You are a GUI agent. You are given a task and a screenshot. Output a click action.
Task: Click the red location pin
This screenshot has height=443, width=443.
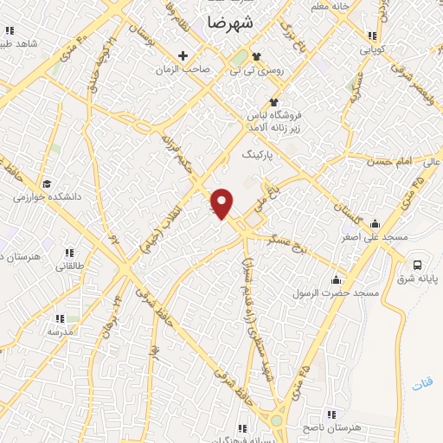pyautogui.click(x=222, y=202)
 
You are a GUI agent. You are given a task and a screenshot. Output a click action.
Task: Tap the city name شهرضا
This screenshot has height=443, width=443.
pyautogui.click(x=233, y=23)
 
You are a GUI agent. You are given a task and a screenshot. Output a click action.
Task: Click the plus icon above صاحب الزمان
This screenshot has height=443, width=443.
pyautogui.click(x=183, y=56)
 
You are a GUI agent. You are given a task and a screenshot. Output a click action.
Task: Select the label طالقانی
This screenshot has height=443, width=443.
pyautogui.click(x=73, y=266)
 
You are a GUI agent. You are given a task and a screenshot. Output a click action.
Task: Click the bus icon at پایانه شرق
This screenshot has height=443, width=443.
pyautogui.click(x=418, y=265)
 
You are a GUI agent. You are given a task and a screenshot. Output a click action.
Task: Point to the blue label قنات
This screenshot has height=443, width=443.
pyautogui.click(x=423, y=382)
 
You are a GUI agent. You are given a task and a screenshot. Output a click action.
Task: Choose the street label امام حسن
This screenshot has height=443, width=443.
pyautogui.click(x=390, y=162)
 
